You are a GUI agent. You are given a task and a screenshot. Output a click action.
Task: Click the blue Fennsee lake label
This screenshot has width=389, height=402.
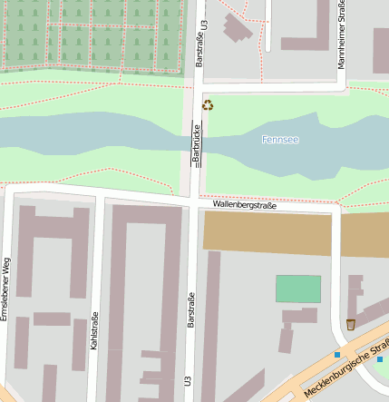click(280, 140)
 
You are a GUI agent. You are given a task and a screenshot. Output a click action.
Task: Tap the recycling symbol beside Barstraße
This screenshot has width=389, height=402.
click(208, 105)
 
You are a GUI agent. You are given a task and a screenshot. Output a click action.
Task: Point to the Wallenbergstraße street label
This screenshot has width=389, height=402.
click(245, 206)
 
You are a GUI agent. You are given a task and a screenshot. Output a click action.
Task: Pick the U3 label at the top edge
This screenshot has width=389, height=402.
click(206, 27)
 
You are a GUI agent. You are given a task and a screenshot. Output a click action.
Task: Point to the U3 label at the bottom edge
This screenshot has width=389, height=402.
click(190, 381)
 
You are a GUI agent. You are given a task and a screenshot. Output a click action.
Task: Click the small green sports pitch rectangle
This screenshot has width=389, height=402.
click(298, 289)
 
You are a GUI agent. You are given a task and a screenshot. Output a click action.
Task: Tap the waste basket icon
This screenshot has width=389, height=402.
click(350, 325)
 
